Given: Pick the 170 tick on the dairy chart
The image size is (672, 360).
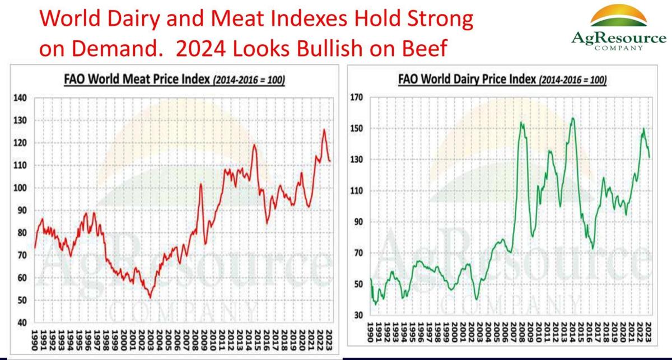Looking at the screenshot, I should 356,97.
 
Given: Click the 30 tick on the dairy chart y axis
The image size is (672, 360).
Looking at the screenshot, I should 358,315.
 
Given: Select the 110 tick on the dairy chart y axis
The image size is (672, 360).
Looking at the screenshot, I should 356,191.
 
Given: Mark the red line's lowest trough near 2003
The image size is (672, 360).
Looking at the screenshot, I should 150,297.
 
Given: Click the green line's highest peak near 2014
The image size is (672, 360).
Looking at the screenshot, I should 572,118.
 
